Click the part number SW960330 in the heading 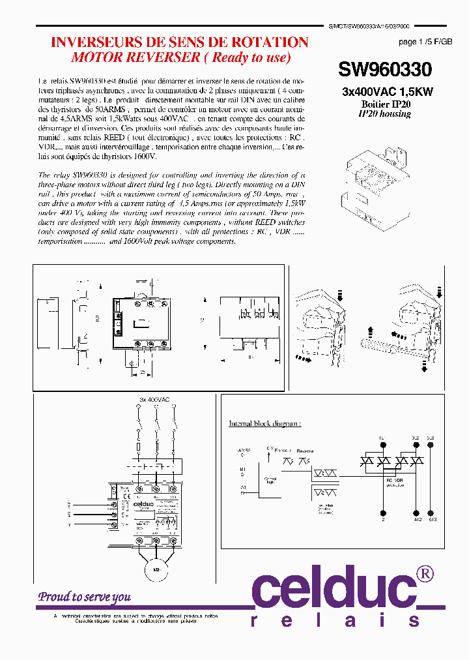tap(384, 69)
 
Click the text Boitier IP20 tap(386, 104)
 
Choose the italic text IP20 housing tap(384, 113)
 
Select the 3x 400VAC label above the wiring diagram tap(154, 398)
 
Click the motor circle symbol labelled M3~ tap(156, 569)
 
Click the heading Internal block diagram tap(264, 423)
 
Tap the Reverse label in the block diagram tap(305, 449)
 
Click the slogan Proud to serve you tap(84, 596)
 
